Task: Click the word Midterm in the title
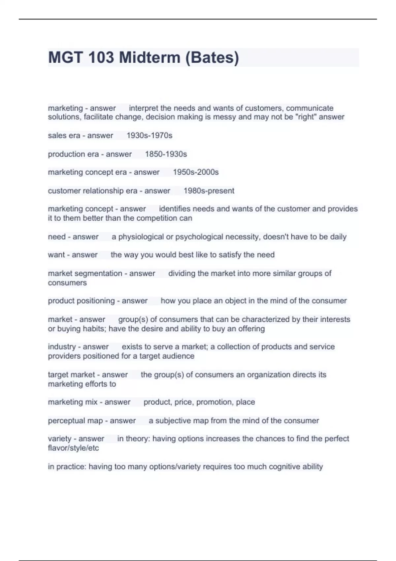coord(150,57)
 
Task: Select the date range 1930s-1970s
coord(149,135)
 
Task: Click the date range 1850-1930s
coord(166,154)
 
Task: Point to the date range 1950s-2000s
coord(196,172)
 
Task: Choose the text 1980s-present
coord(209,191)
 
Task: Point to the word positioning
coord(97,301)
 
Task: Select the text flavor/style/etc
coord(73,448)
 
